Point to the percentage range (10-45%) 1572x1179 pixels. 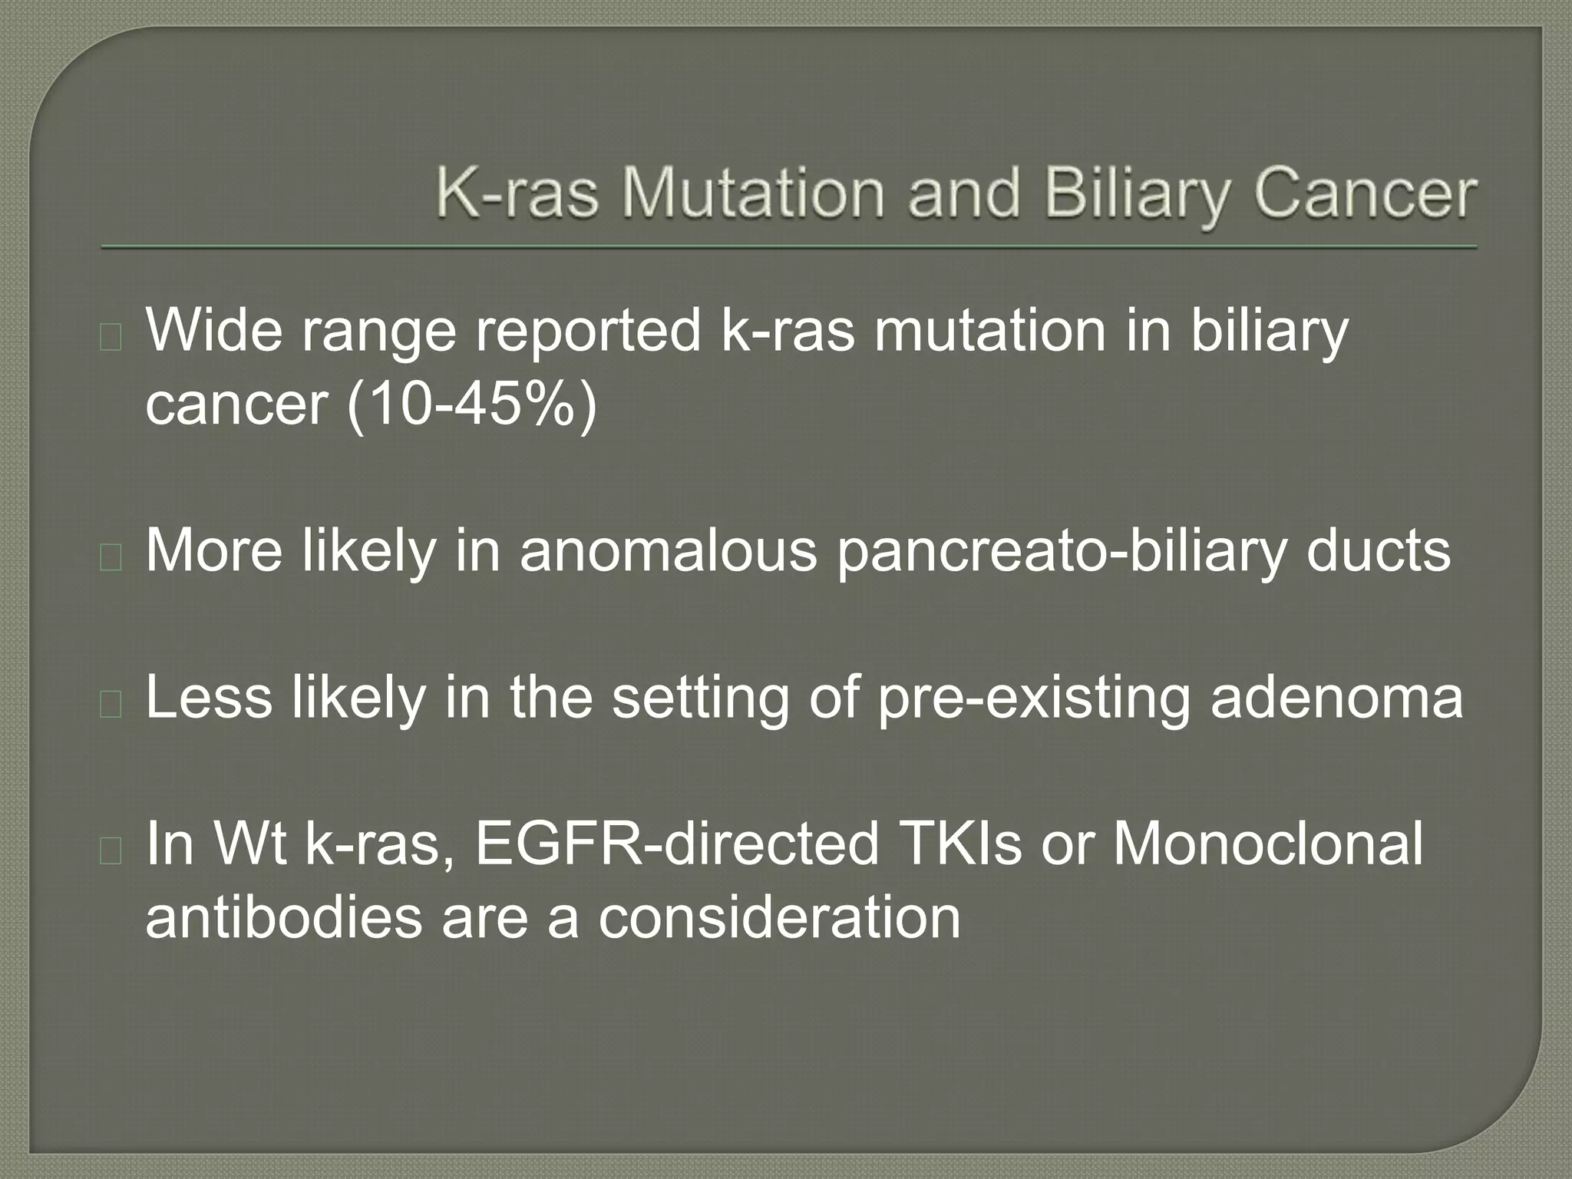click(x=471, y=404)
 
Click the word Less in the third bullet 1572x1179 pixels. click(x=209, y=697)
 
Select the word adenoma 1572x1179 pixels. click(x=1336, y=697)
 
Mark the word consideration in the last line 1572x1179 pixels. click(x=779, y=917)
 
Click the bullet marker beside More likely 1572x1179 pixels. click(x=111, y=557)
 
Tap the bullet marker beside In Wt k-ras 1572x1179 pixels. click(x=111, y=851)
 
